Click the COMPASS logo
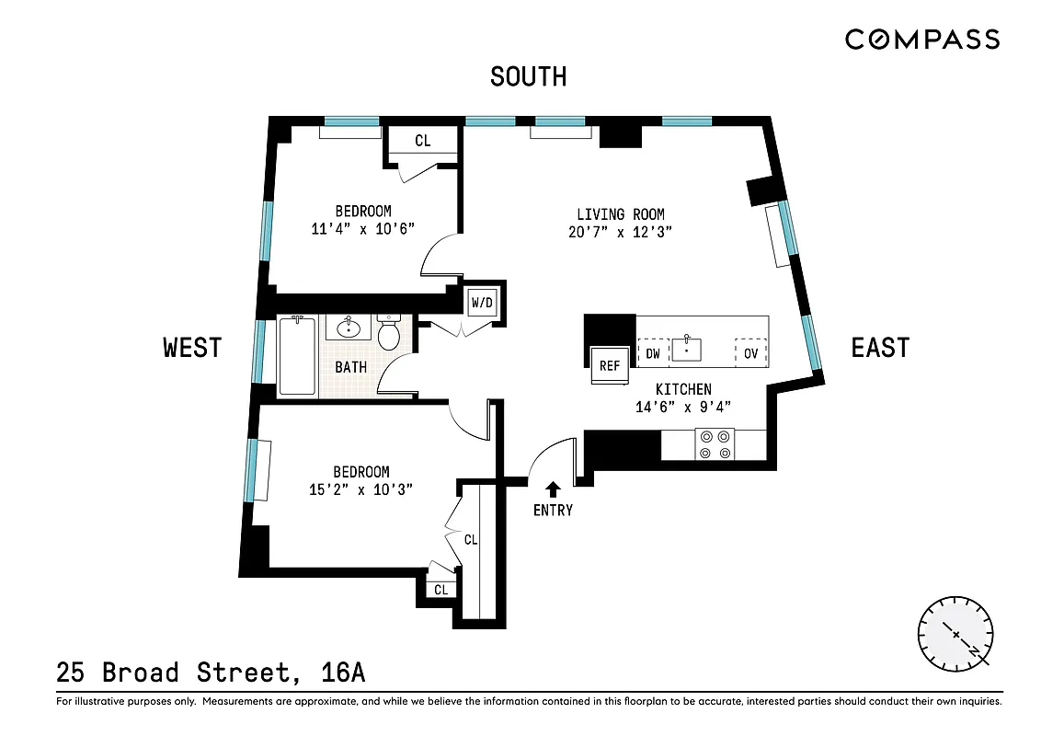[x=921, y=39]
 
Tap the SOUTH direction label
[x=528, y=76]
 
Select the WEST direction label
[x=192, y=347]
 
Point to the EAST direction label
[x=880, y=347]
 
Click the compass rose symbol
[x=955, y=635]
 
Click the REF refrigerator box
[x=610, y=365]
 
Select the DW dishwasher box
[x=652, y=352]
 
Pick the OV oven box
[x=750, y=352]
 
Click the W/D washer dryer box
[x=482, y=302]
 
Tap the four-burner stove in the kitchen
[x=714, y=444]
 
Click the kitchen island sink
[x=687, y=350]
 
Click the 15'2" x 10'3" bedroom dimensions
[x=360, y=490]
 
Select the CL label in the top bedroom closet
[x=422, y=141]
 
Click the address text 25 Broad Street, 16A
[x=211, y=673]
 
